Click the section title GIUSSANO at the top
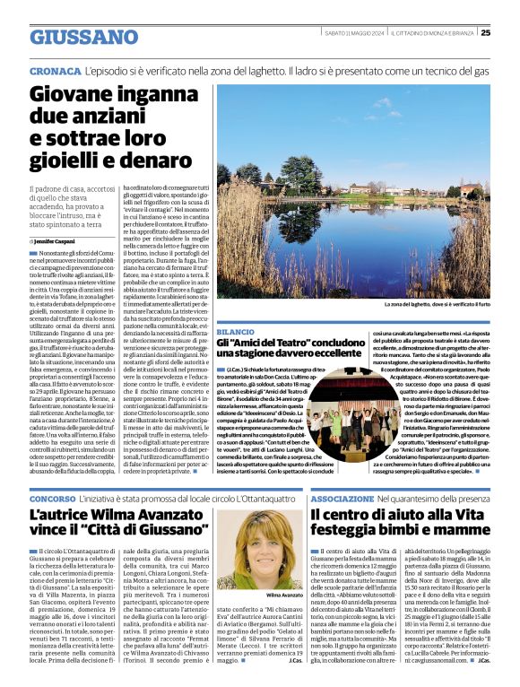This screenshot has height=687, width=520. pyautogui.click(x=83, y=37)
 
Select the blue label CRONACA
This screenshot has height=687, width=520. pyautogui.click(x=55, y=69)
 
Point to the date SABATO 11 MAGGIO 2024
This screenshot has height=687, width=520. pyautogui.click(x=354, y=33)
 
